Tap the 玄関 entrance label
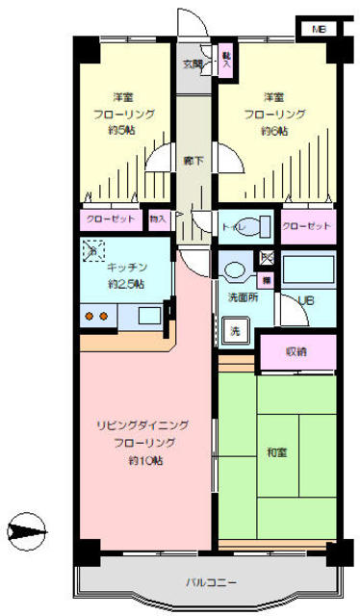[193, 65]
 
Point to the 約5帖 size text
[122, 131]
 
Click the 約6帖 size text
[273, 131]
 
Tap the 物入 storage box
[159, 220]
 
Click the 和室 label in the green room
[275, 450]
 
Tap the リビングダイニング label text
[141, 424]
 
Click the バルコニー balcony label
[211, 581]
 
